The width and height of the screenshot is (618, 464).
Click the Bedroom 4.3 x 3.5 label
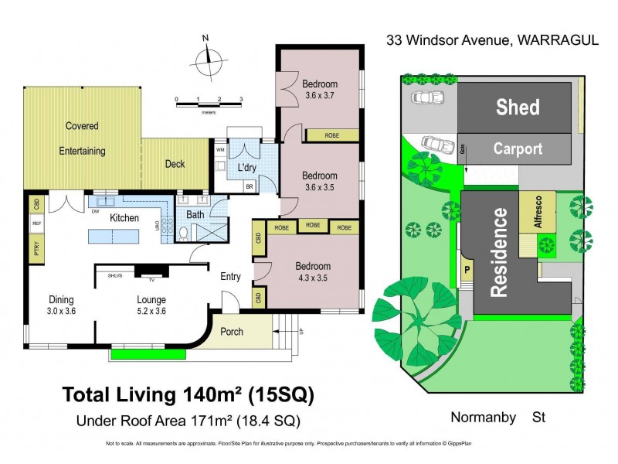point(313,272)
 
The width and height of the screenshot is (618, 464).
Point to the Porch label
point(232,332)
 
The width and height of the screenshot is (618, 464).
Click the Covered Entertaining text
point(82,138)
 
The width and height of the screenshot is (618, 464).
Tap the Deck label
point(175,164)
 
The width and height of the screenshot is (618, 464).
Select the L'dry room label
point(247,168)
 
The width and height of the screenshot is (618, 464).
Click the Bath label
point(195,214)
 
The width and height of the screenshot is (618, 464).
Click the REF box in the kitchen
point(36,224)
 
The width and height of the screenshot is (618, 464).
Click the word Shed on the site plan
point(518,107)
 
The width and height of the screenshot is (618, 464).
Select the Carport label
point(518,148)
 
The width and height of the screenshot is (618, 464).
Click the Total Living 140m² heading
point(188,396)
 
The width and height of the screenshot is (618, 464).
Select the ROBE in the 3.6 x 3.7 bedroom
point(332,135)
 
